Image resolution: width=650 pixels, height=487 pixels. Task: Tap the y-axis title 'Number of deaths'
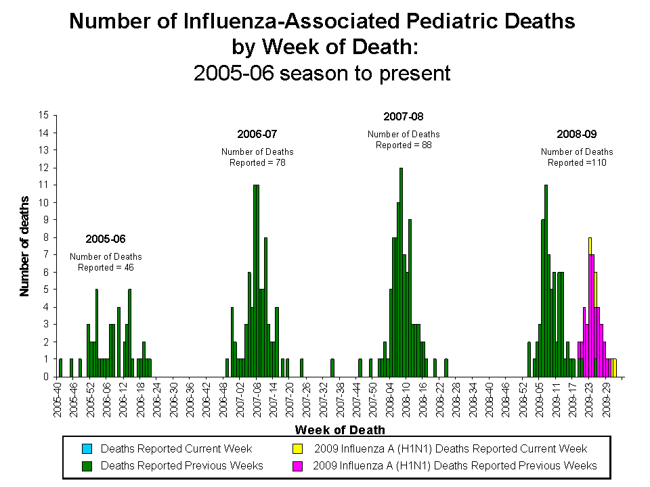coord(25,246)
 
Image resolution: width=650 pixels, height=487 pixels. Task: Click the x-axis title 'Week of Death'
coord(340,430)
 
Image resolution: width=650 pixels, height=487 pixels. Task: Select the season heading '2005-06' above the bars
coord(105,239)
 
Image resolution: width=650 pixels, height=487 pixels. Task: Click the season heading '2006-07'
coord(257,134)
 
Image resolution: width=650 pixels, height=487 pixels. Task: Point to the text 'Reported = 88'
coord(404,145)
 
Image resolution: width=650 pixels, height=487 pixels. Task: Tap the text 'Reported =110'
coord(576,162)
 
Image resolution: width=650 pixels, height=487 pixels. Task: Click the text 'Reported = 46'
coord(106,267)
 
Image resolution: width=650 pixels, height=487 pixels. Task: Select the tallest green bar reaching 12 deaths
coord(401,271)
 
